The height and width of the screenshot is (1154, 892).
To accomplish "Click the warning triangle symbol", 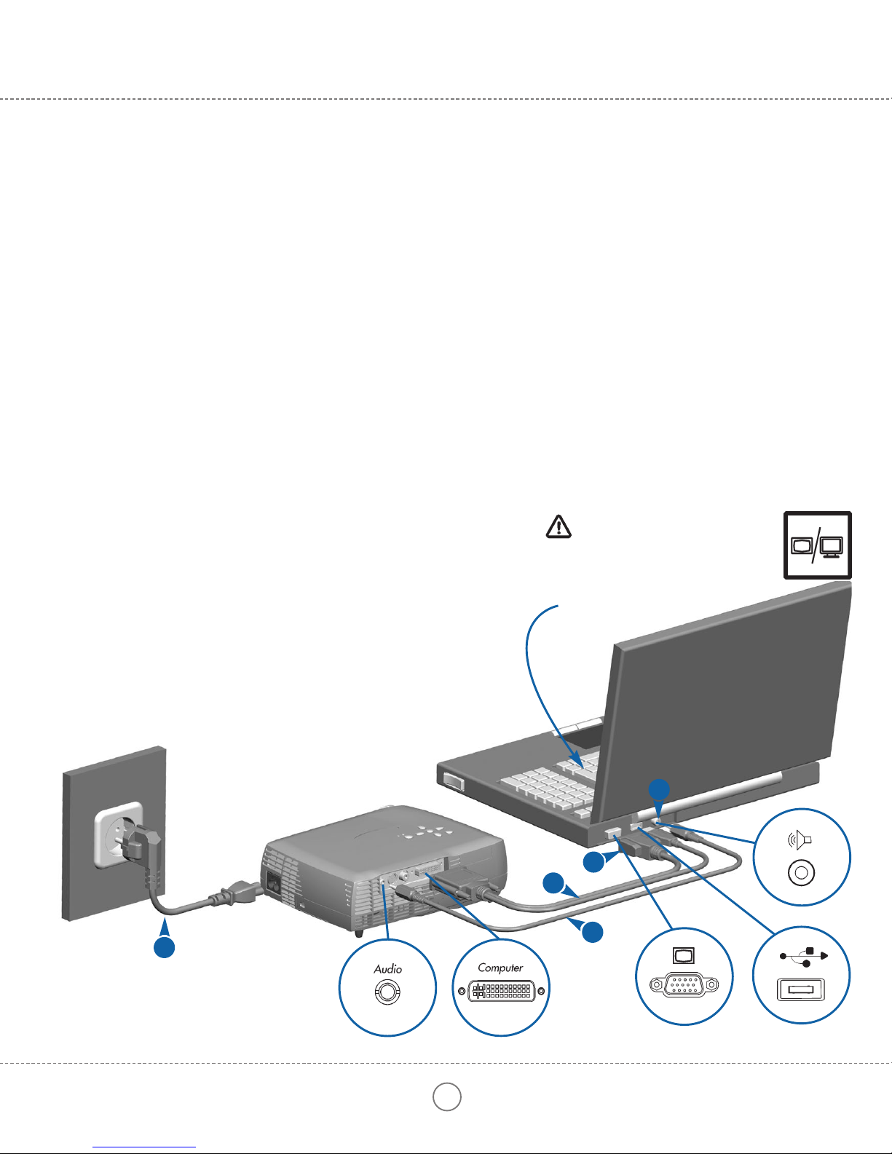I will click(x=559, y=526).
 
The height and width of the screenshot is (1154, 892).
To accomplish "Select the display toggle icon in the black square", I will click(x=817, y=545).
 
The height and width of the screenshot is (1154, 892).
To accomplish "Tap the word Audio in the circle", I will click(x=387, y=969).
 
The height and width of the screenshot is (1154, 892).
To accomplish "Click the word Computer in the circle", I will click(x=500, y=968).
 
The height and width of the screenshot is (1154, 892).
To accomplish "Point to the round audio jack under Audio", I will click(x=387, y=992).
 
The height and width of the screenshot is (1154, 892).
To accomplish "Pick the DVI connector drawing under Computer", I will click(x=501, y=991).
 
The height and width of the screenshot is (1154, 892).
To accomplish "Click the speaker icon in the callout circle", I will click(x=800, y=841).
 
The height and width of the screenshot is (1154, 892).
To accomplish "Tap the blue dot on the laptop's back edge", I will click(x=660, y=789).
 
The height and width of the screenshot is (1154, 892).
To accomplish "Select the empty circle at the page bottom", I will click(x=447, y=1096).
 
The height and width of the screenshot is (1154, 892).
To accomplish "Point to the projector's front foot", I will click(x=359, y=931).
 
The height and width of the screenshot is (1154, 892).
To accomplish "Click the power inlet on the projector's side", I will click(x=275, y=884).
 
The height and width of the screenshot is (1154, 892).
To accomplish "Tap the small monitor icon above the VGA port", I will click(x=680, y=956).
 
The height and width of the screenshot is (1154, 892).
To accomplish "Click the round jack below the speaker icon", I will click(x=801, y=872).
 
